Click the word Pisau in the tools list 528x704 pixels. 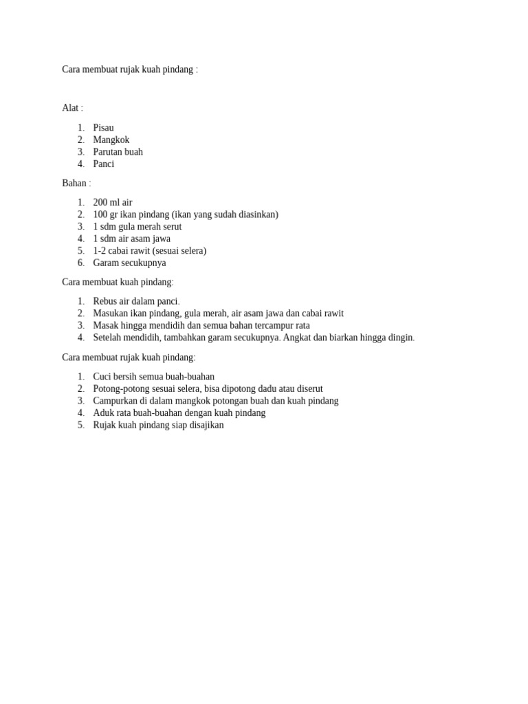[103, 128]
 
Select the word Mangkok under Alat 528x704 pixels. [111, 140]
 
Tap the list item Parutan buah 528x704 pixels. [118, 152]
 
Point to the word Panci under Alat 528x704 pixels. [104, 164]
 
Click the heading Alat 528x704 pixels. [70, 108]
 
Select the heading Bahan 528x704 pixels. [74, 184]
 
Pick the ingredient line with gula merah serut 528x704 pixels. [137, 227]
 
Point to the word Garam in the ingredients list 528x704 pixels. [106, 263]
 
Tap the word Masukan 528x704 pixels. [111, 313]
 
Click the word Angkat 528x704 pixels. [297, 338]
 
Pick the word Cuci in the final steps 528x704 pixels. [102, 377]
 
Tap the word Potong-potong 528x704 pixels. [120, 389]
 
